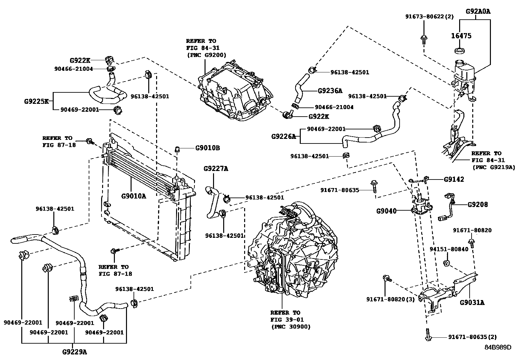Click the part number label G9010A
134,196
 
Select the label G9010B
207,148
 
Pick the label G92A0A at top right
478,11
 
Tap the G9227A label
216,169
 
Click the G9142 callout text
454,179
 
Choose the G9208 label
477,204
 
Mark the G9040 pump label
386,211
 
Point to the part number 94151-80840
449,249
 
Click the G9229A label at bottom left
74,352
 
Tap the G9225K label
36,101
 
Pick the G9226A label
283,136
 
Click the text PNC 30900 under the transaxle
291,327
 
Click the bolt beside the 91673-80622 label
424,38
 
